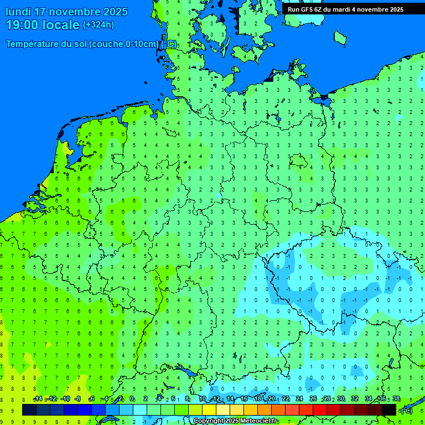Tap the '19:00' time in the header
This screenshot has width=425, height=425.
(x=22, y=25)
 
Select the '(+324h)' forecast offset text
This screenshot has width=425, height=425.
(x=99, y=25)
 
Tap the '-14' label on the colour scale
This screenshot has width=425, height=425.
(x=38, y=399)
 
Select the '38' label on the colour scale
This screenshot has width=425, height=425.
(x=396, y=399)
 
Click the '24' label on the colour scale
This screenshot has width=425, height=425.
(x=299, y=399)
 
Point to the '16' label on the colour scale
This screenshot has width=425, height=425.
(x=244, y=399)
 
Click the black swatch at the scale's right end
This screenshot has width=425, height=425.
(x=389, y=410)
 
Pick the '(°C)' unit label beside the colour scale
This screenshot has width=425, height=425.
(x=406, y=410)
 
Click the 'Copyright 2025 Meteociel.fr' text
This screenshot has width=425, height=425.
(x=236, y=421)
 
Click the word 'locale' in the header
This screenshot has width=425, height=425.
(x=61, y=25)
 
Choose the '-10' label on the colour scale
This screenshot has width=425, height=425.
(x=65, y=399)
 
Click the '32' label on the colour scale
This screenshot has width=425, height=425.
(x=355, y=399)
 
